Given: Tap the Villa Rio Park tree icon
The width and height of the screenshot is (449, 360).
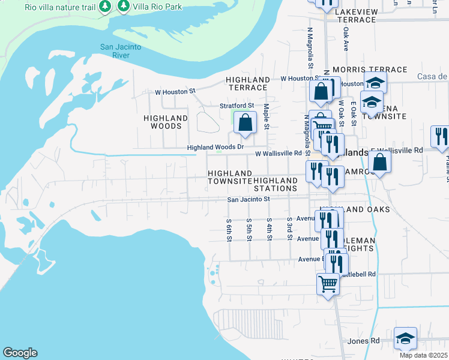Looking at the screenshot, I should [124, 7].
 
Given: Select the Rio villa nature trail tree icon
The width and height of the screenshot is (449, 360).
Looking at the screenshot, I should [105, 7].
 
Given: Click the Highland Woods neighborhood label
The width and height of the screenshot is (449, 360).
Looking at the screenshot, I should [166, 122].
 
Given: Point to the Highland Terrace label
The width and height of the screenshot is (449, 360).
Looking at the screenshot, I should [248, 83].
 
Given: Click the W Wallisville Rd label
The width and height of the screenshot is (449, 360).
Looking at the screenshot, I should [278, 154].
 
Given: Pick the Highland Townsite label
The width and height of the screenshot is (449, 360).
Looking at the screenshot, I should [230, 177].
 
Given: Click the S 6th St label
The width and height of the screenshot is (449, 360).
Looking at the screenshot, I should [229, 229].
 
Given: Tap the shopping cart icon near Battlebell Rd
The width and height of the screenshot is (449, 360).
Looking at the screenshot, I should [328, 283].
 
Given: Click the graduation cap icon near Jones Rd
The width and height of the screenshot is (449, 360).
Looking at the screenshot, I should [405, 338].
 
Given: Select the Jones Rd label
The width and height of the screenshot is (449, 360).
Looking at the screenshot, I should [364, 341].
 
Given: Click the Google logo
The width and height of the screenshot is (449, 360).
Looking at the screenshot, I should [20, 353].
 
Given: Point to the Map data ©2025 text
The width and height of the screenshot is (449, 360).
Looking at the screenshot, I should [423, 355].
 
